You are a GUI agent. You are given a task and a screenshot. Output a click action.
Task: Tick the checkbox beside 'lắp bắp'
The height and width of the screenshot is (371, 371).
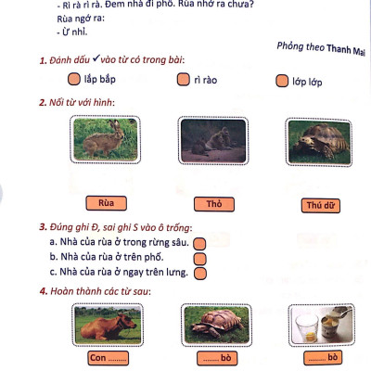click(x=74, y=79)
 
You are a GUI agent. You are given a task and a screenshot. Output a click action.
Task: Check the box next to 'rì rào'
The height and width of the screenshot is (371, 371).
click(x=183, y=79)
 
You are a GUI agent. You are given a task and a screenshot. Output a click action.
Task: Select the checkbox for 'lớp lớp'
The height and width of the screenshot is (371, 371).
click(x=282, y=81)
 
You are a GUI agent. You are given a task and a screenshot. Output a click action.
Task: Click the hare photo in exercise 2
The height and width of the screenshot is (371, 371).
click(x=105, y=139)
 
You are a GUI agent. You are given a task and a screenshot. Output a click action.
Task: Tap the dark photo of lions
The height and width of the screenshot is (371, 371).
click(x=213, y=141)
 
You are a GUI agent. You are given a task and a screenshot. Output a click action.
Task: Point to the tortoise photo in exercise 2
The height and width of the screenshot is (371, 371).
click(x=319, y=142)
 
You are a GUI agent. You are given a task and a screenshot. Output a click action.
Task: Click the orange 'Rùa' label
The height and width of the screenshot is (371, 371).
click(x=106, y=203)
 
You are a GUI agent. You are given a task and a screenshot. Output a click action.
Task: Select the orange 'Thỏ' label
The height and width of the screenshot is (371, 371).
click(x=214, y=204)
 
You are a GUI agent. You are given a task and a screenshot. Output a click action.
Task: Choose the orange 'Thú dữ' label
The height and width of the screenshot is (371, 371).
click(x=321, y=206)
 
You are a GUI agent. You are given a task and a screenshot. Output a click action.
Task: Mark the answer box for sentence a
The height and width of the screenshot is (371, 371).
click(x=199, y=244)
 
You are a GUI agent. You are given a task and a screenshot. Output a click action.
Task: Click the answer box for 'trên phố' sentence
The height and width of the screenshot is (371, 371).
click(x=200, y=259)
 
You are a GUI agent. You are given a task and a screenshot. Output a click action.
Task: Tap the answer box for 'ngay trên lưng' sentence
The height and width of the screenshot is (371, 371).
click(x=200, y=274)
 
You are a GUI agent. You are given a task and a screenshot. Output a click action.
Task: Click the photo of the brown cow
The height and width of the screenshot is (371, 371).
click(x=108, y=325)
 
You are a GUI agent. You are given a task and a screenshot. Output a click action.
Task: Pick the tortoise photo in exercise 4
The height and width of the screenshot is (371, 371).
click(x=216, y=326)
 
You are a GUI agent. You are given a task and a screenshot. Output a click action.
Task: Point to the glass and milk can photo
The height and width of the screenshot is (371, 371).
click(x=322, y=326)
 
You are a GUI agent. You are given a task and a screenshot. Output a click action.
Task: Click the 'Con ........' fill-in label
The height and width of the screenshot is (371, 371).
click(x=108, y=358)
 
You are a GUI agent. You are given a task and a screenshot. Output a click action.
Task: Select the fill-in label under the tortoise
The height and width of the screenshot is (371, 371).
click(x=217, y=358)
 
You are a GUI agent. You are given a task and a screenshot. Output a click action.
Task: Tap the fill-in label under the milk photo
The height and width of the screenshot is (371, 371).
click(x=323, y=358)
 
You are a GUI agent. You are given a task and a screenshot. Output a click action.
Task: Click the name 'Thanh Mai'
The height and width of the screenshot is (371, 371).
click(x=346, y=50)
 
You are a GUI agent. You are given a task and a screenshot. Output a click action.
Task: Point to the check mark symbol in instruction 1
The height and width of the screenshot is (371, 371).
click(x=96, y=58)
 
